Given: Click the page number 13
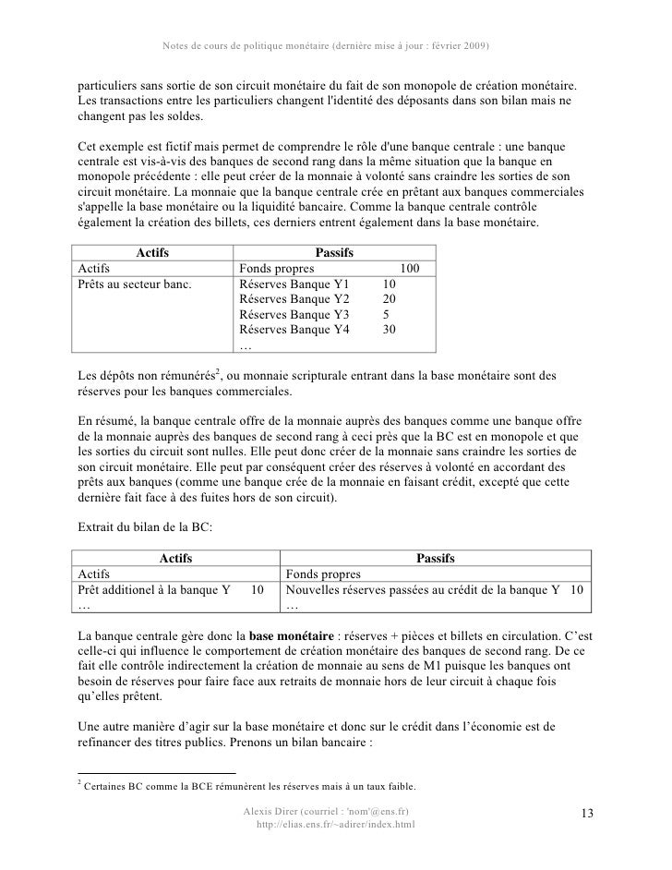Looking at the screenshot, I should coord(586,812).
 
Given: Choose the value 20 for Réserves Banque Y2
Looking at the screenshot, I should coord(389,299).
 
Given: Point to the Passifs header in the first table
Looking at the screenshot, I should coord(333,252).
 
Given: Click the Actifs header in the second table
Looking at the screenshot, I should coord(176,558).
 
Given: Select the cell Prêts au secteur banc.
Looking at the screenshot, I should coord(135,284).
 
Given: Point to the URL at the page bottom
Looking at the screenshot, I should coord(335,824).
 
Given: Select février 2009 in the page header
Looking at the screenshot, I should coord(453,45).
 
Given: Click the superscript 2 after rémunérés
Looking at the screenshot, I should coord(217,371).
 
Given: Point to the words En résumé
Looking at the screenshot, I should coord(102,419).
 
